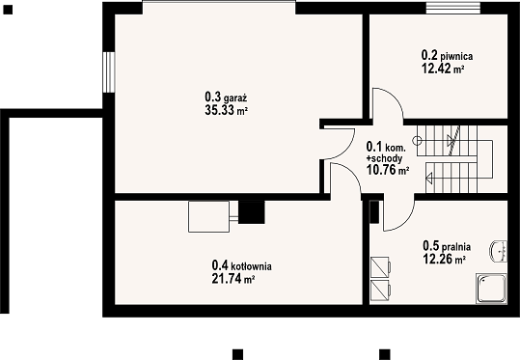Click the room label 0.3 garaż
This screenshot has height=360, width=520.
click(226, 97)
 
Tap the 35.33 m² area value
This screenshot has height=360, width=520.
click(226, 110)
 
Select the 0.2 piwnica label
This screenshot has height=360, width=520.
click(447, 56)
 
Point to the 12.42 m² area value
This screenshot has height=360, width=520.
click(443, 69)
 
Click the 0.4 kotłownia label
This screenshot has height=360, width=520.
click(241, 265)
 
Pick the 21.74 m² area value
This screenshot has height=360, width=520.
click(233, 279)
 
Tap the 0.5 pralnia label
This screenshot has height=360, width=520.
click(447, 246)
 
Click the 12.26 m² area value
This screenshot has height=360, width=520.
click(444, 259)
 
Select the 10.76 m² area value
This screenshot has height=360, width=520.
click(388, 170)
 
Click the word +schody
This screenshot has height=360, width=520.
click(384, 158)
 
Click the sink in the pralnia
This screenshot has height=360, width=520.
click(499, 251)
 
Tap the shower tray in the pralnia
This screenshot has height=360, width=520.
click(491, 289)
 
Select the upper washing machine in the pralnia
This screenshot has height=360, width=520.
click(380, 266)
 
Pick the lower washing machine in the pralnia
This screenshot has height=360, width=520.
click(380, 291)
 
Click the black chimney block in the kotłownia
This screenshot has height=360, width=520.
click(252, 212)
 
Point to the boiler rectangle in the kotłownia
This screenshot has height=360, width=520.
click(209, 216)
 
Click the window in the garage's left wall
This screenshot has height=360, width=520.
click(109, 72)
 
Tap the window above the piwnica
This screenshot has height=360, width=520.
click(453, 8)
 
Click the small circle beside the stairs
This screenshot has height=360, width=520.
click(417, 141)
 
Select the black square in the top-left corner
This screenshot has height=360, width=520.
click(8, 10)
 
